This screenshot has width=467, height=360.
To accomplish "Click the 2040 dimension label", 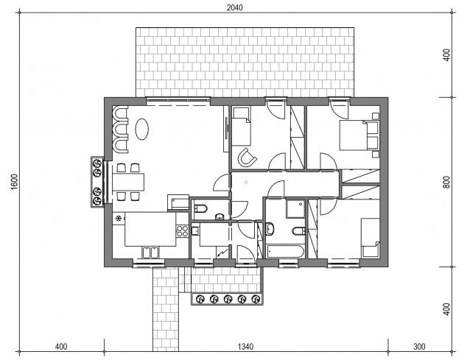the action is tap(235, 7).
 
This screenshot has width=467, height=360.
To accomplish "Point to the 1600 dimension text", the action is tap(14, 181).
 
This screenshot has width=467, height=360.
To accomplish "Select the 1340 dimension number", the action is tap(246, 347).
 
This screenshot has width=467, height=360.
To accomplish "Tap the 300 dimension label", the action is tap(419, 347).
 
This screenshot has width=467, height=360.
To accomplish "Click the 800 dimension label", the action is tap(446, 183).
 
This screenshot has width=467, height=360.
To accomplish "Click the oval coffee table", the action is tap(141, 129).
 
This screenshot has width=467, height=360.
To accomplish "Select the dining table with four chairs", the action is tap(128, 182).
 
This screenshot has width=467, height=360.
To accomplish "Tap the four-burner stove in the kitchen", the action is tap(182, 230).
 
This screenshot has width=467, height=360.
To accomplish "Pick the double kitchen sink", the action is tap(150, 253).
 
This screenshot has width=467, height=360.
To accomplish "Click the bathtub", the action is tap(285, 251).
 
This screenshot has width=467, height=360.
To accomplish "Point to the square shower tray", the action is tap(295, 209).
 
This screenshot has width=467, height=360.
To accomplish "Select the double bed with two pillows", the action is tap(359, 135).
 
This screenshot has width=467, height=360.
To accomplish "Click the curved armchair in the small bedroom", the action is tap(247, 157).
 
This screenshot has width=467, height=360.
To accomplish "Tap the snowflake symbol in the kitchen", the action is tap(119, 219).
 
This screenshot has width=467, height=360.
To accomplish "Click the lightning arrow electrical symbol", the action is tap(222, 253).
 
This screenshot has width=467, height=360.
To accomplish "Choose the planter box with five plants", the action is tap(227, 299).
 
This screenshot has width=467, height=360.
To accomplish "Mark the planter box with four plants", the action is tap(97, 182).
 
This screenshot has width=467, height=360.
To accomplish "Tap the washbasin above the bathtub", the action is tap(270, 229).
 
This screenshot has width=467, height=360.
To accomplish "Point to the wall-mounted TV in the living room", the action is tap(227, 128).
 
